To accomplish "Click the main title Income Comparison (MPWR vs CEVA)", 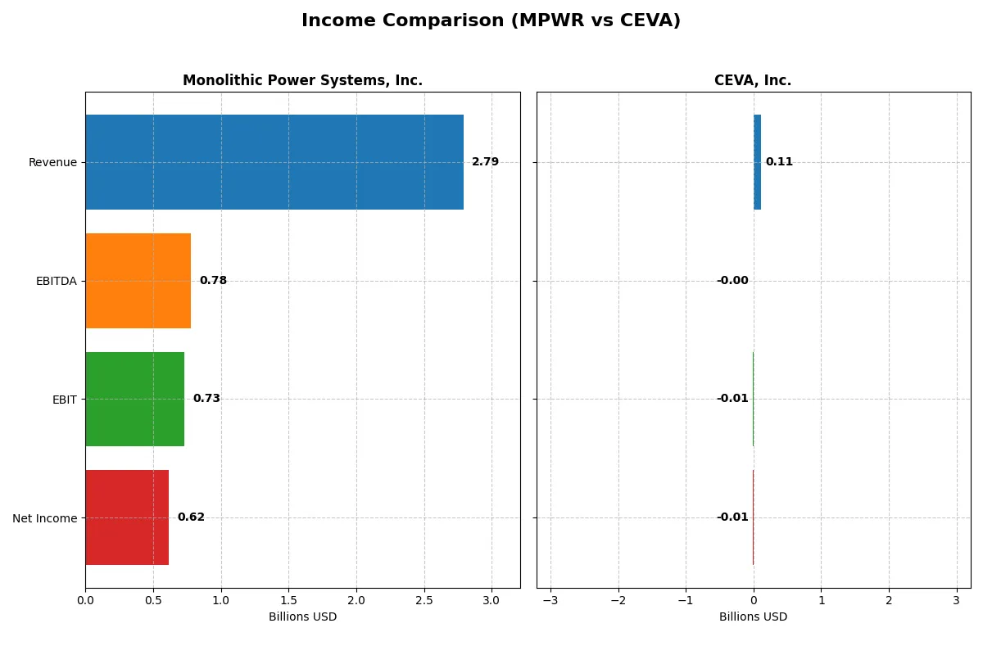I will point(491,21).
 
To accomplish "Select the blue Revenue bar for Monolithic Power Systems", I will point(274,162).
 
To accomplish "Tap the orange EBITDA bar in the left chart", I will point(138,281).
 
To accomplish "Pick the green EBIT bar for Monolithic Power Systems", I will point(134,400).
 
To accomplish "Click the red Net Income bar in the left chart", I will point(127,517).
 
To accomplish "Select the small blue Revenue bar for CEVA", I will point(757,162).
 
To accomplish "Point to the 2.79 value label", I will point(485,162).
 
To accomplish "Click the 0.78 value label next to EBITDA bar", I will point(213,281).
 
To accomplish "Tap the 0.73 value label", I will point(206,399).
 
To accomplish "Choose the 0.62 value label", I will point(191,517).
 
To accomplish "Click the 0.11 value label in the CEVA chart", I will point(779,162).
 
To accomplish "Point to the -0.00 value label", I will point(732,281).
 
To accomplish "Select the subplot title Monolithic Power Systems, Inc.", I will point(302,81).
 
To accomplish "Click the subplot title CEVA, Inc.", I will point(753,81).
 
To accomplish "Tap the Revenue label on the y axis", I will point(52,163).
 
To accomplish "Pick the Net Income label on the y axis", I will point(45,518).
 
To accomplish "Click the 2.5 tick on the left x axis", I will point(424,601).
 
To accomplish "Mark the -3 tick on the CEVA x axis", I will point(550,601).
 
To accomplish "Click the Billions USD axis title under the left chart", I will point(302,617).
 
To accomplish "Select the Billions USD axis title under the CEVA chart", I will point(753,617).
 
